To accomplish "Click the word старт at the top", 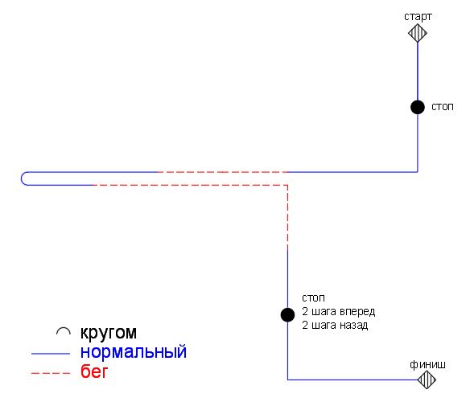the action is point(418,17).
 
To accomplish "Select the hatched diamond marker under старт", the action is point(418,33).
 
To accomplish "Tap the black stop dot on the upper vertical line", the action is point(418,107).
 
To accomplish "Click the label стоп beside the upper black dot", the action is point(443,107).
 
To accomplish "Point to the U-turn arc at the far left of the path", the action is point(22,178).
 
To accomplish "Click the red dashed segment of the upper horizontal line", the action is point(222,172).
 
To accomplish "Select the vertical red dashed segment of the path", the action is point(288,218).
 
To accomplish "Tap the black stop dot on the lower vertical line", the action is point(288,314).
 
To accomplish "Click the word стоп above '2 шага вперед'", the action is point(313,298).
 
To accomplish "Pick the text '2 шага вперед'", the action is point(338,311).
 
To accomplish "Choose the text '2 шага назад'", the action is point(335,325).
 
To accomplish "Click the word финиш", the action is point(427,364).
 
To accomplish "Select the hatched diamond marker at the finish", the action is point(427,379).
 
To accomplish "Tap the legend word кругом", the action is point(109,333).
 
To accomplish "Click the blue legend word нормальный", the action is point(134,352).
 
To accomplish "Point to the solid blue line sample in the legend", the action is point(51,354).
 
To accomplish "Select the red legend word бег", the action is point(94,371).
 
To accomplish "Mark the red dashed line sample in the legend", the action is point(51,373).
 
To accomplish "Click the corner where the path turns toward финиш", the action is point(288,379).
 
